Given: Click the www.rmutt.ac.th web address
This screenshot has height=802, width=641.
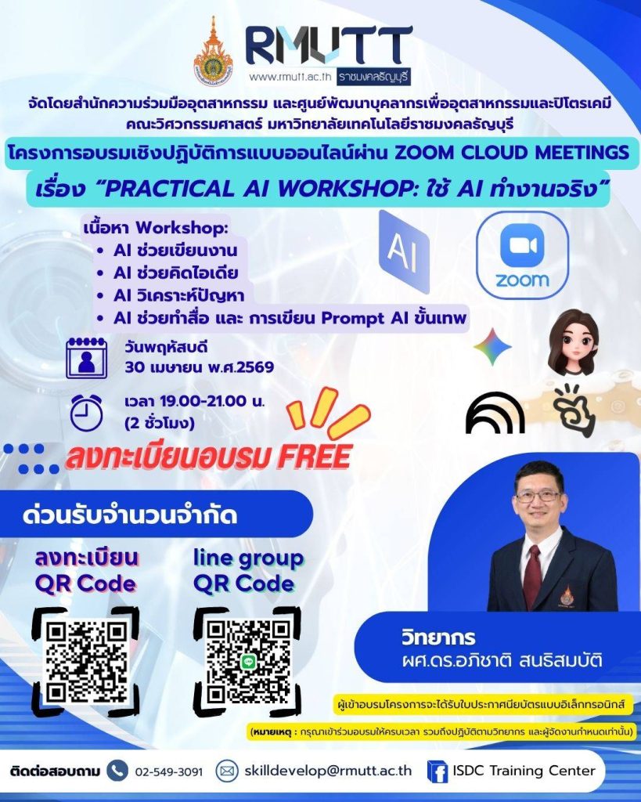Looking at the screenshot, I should coord(290,78).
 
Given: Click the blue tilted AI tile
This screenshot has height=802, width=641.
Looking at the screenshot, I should coord(404,251).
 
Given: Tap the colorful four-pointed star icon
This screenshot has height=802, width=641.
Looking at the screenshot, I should coord(492,347).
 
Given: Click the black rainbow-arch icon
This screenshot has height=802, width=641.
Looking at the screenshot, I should coord(495,413).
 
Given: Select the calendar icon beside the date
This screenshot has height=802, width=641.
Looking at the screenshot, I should coord(86,357).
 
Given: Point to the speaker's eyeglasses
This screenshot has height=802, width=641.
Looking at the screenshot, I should coord(537,496).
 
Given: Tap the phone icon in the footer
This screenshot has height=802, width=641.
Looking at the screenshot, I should coord(117,770).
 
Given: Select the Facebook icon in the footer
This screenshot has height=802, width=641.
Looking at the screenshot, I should coord(437,771).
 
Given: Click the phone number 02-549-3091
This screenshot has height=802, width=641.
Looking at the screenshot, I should coord(169,771).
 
